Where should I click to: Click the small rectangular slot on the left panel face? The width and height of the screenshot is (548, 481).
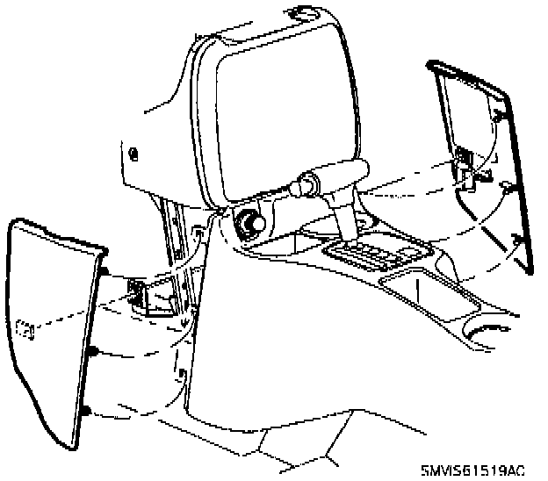click(25, 330)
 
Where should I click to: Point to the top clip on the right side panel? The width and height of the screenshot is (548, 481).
click(497, 115)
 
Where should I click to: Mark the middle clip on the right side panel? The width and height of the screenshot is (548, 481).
click(508, 186)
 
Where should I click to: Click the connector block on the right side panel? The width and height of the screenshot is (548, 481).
click(463, 161)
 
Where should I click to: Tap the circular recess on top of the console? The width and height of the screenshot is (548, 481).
click(303, 13)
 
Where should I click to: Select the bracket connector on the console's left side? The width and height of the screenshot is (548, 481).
click(140, 293)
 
